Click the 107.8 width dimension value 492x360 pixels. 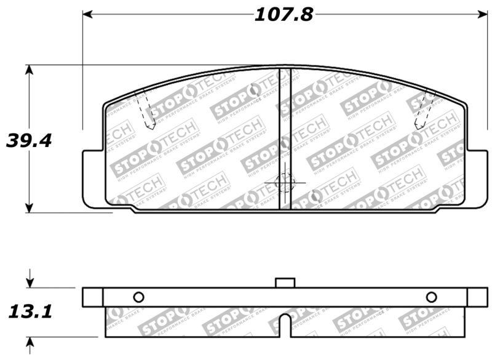284,14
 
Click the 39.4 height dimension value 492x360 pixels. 28,140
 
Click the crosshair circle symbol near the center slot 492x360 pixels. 285,182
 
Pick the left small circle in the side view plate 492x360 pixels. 138,297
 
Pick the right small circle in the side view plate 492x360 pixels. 431,297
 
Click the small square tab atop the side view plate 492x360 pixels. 285,282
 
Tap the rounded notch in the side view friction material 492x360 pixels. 285,323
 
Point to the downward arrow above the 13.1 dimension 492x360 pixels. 28,282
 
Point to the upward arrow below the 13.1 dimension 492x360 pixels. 28,342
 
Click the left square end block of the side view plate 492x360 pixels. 92,297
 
